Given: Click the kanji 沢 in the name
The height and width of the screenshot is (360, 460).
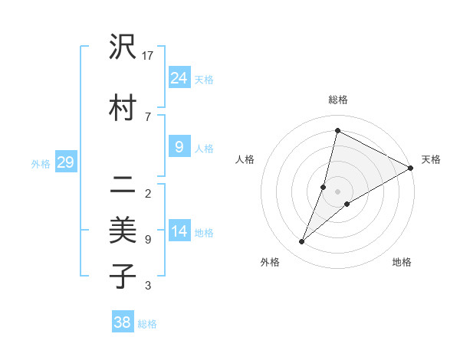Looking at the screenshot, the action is coord(123,47).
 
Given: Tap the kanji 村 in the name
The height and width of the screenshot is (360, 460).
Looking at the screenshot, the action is coord(123,108).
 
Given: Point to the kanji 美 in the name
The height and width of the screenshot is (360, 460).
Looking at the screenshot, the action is coord(123,229).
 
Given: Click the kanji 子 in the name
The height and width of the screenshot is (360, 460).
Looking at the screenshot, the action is coord(123,276).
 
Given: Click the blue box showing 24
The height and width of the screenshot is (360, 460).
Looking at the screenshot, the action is coord(179,78).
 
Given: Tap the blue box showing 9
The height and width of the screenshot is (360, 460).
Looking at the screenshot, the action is coord(179,148).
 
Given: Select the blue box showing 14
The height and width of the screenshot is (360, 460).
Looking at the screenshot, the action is coord(179,232).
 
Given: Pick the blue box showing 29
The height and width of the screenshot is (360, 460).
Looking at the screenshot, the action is coord(65,162).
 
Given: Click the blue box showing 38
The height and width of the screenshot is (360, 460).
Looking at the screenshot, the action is coord(123,322).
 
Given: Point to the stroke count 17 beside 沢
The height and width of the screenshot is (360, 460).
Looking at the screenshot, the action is coord(148,56).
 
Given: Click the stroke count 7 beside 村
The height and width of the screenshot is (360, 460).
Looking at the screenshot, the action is coord(147,116).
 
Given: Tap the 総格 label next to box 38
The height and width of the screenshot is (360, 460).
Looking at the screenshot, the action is coord(147,324).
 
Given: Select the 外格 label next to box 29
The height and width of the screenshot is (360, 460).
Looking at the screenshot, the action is coord(40,163).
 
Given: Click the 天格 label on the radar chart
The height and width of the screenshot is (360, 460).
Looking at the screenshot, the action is coord(431,159).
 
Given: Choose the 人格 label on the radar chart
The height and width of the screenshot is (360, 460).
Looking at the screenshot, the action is coord(245,159).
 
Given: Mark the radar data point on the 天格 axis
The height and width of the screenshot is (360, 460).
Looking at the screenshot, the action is coord(411,168).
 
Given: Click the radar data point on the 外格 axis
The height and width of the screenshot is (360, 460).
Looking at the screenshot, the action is coord(302,242).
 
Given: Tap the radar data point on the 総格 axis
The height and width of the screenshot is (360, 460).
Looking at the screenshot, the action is coord(337,130).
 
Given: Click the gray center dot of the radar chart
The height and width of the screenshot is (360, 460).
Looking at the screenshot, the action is coord(337,191).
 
